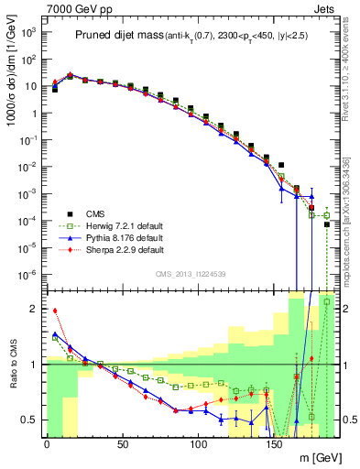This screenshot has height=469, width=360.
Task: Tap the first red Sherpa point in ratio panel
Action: [x=54, y=311]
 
